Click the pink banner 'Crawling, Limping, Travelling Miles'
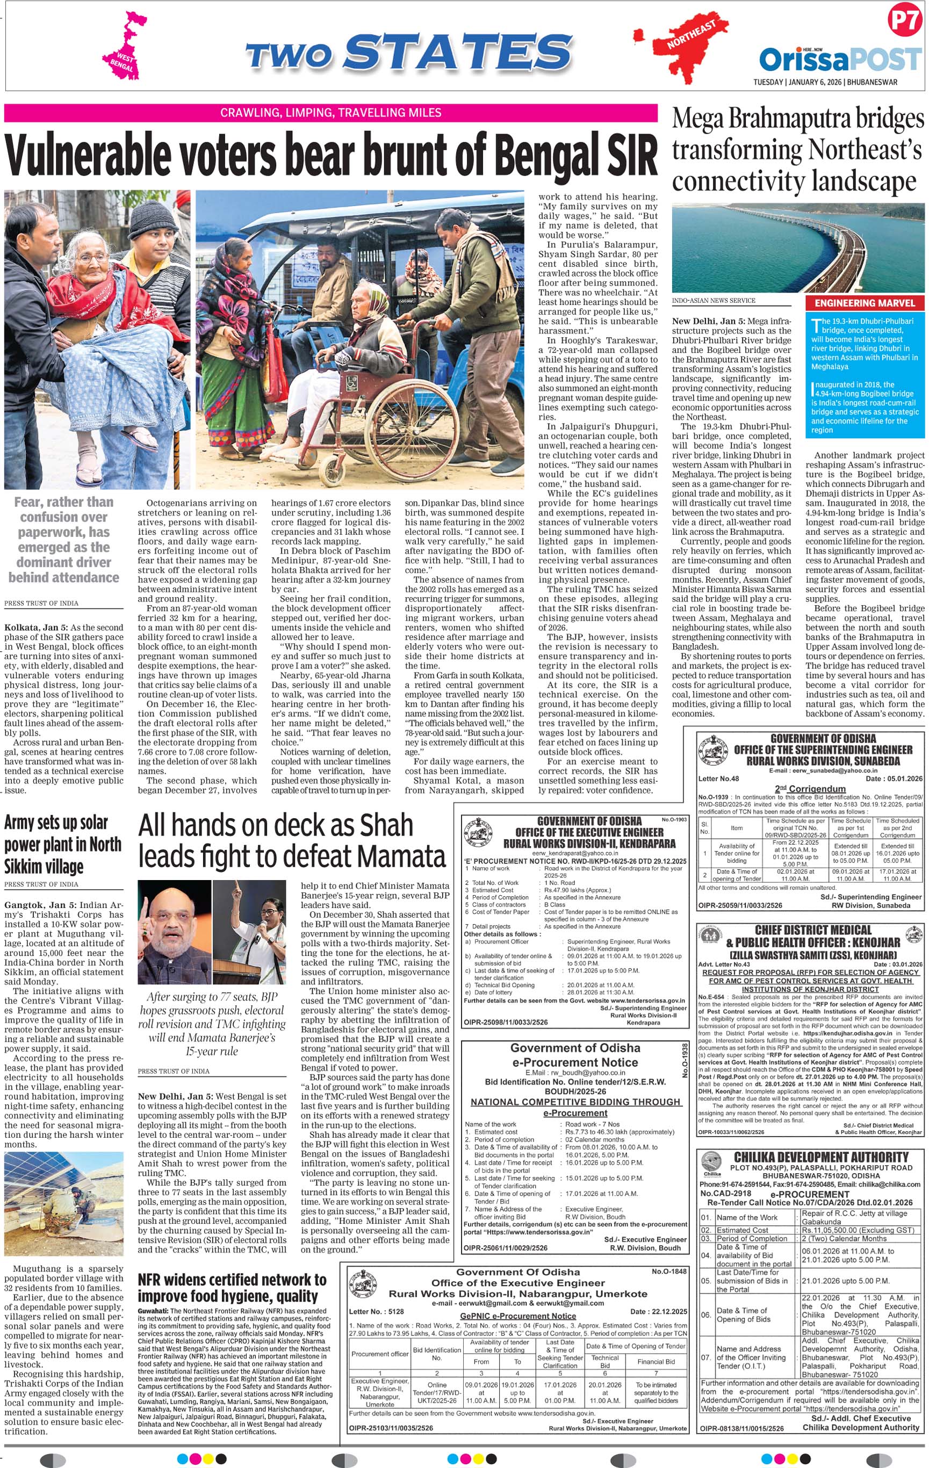[x=330, y=113]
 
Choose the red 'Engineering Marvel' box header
[x=865, y=303]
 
